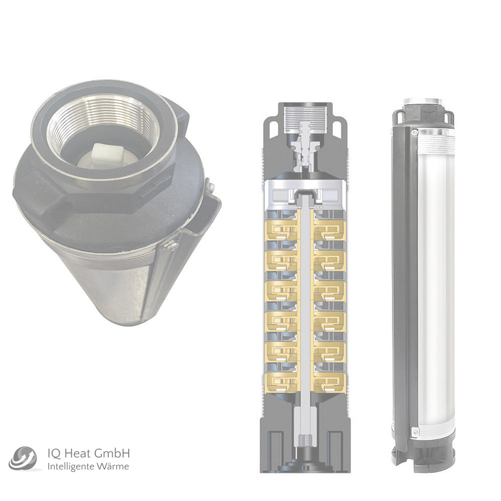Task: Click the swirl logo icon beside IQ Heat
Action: [x=23, y=459]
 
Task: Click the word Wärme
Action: [x=112, y=466]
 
